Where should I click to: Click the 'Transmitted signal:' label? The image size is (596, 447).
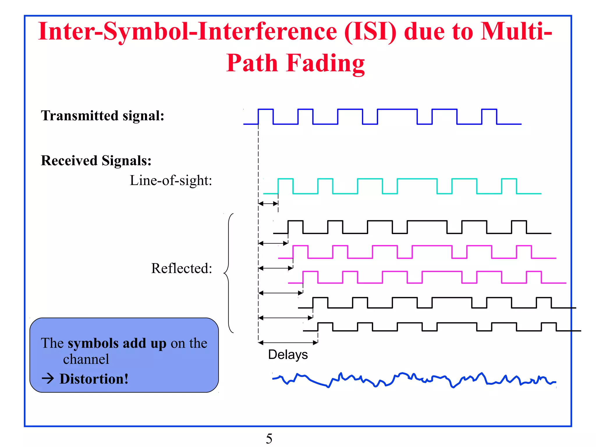(x=102, y=116)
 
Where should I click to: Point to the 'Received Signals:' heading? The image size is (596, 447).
(x=96, y=160)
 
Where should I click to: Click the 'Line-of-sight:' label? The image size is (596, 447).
(x=171, y=180)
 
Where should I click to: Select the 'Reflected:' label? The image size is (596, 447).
(x=182, y=268)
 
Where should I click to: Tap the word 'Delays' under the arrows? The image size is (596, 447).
(x=288, y=354)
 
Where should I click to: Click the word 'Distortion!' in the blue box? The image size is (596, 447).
(x=94, y=379)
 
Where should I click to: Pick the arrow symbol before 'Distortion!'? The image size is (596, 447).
(x=48, y=379)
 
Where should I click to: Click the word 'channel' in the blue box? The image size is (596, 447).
(x=86, y=359)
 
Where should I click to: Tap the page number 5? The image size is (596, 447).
(x=269, y=439)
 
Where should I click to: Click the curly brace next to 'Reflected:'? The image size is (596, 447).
(x=229, y=273)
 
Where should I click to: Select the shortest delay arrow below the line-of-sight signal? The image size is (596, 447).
(x=268, y=204)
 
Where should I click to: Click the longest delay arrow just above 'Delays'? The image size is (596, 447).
(x=288, y=343)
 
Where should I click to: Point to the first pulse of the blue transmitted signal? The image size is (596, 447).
(x=266, y=116)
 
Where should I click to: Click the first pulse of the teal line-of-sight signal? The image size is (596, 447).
(x=285, y=186)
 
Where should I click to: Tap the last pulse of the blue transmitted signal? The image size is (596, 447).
(x=489, y=116)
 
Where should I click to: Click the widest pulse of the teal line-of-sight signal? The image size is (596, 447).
(x=417, y=186)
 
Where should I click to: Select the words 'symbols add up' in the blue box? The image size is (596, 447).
(x=117, y=343)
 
